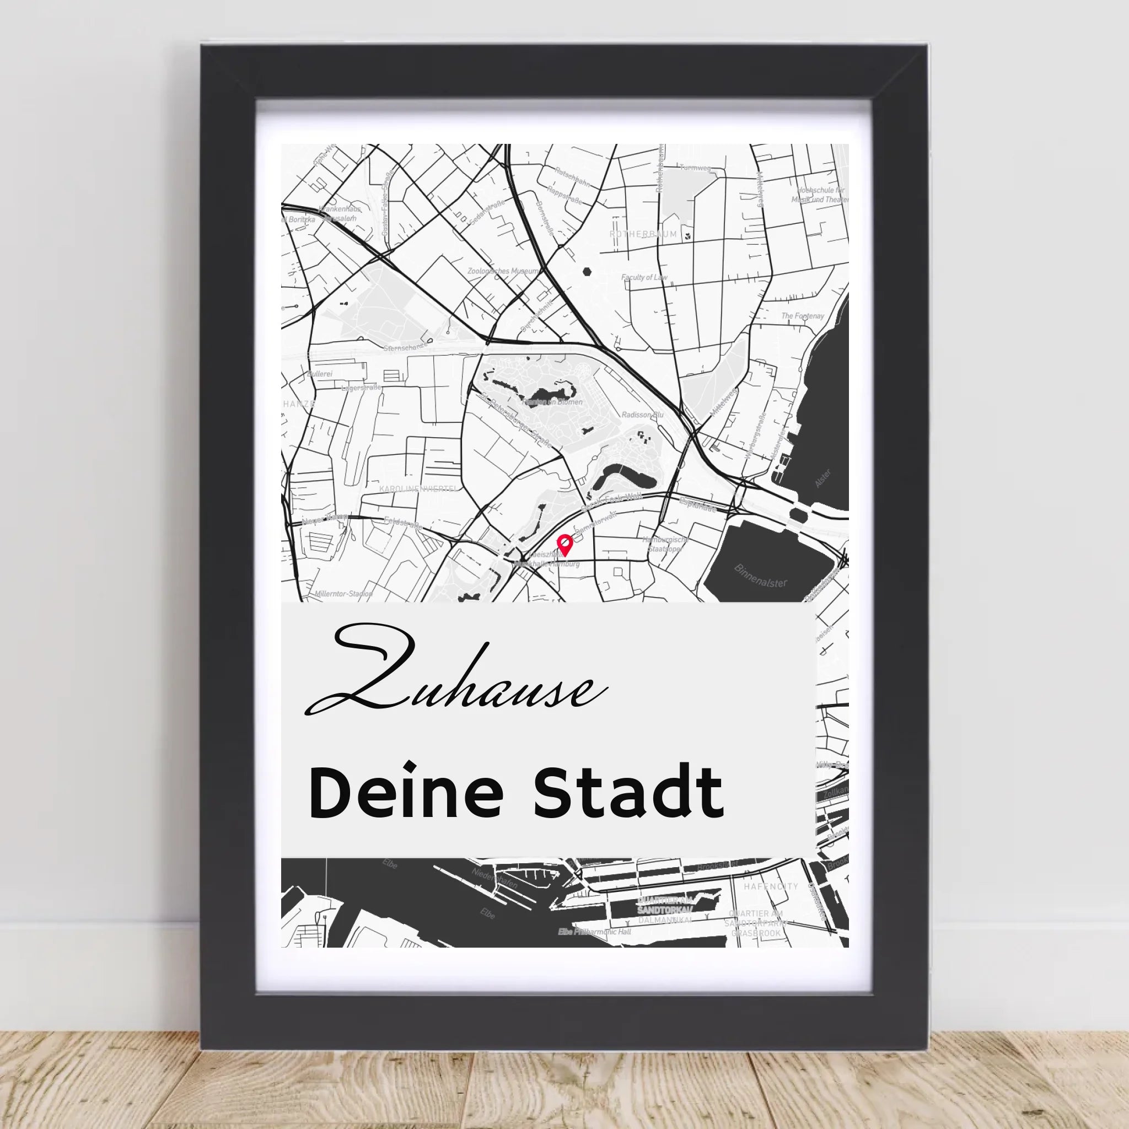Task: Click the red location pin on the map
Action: (x=564, y=544)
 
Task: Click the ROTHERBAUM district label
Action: (x=643, y=234)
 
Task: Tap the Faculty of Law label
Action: (x=644, y=278)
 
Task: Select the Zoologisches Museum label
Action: (x=503, y=272)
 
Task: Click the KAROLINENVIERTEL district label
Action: (x=418, y=488)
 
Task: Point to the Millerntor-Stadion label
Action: (x=343, y=594)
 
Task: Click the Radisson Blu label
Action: (x=643, y=415)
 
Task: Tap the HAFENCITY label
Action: (x=770, y=886)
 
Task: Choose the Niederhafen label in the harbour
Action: (x=495, y=884)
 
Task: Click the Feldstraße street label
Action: (x=403, y=523)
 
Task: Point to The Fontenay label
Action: (x=802, y=316)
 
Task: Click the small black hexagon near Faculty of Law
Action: (x=586, y=271)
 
